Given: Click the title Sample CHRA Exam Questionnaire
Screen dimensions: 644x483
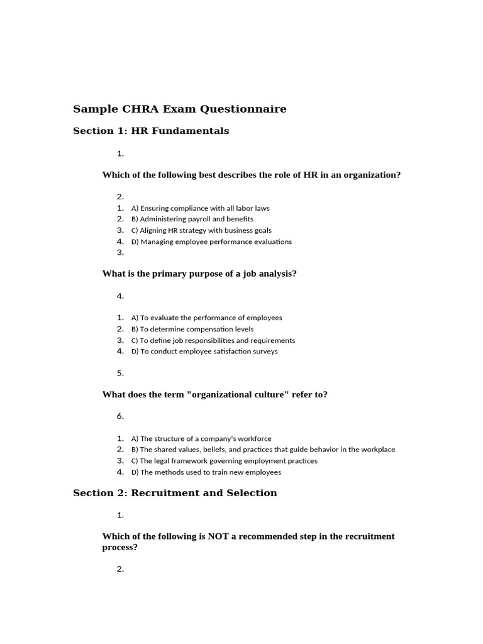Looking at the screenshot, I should tap(179, 109).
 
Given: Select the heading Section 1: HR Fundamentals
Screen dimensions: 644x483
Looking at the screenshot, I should tap(151, 131).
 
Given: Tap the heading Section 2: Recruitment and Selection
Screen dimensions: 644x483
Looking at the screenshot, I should tap(175, 493).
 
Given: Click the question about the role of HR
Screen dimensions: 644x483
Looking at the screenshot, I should tap(251, 175).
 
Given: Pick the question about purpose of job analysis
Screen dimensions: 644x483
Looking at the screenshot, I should tap(199, 274).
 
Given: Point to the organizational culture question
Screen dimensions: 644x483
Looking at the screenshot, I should tap(214, 395).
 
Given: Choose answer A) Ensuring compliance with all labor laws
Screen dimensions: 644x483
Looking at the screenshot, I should tap(200, 208).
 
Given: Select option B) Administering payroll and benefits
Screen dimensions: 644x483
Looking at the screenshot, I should tap(192, 219).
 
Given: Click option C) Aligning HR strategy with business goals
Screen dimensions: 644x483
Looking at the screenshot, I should tap(201, 231).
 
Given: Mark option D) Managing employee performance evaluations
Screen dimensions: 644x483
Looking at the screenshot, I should tap(211, 241).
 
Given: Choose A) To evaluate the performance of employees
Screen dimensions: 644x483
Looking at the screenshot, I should tap(206, 318).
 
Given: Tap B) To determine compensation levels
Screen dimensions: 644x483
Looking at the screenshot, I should tap(192, 329).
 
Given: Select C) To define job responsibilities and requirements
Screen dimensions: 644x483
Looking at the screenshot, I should tap(213, 340).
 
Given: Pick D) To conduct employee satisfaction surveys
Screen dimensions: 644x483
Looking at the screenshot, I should tap(204, 352).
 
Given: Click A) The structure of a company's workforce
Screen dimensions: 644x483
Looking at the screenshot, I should tap(201, 439).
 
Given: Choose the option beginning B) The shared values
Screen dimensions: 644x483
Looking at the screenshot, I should tap(263, 450).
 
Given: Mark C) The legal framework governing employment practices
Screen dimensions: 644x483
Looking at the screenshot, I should tap(224, 461).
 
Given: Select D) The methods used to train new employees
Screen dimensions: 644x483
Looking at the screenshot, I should tap(206, 472).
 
